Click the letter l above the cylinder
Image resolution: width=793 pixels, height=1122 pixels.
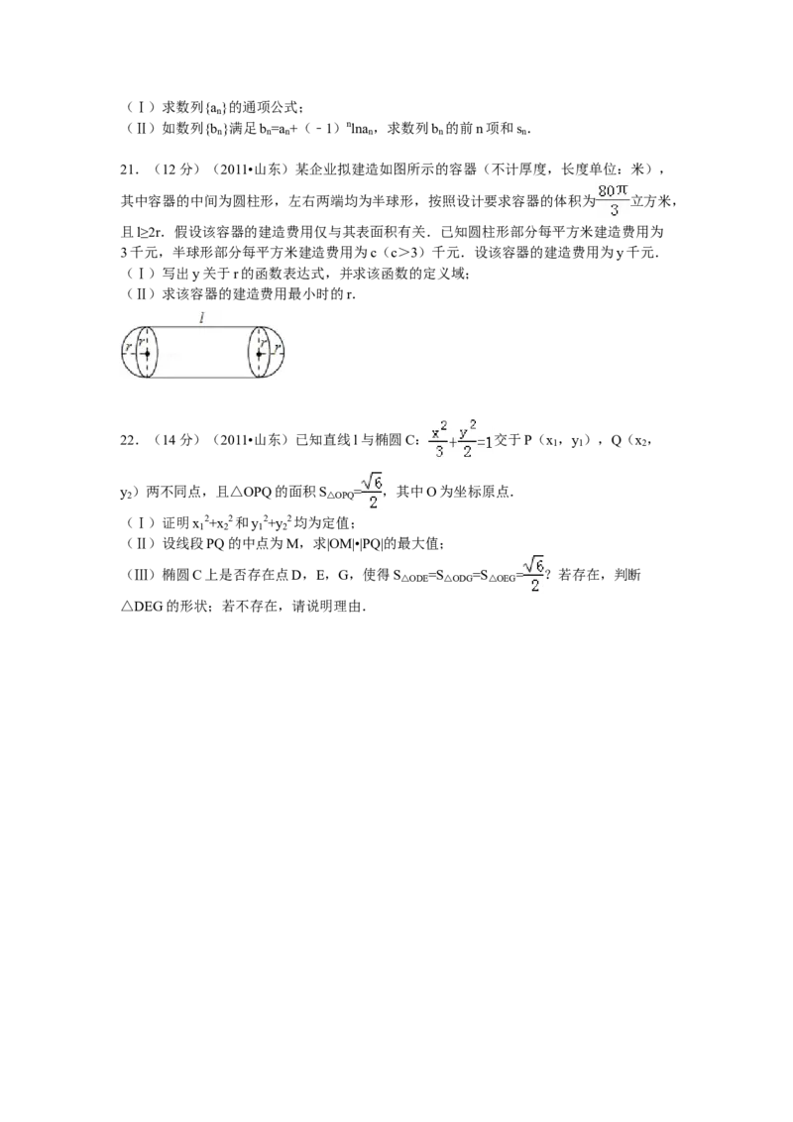[202, 318]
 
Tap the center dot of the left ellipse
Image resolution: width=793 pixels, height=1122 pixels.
[147, 353]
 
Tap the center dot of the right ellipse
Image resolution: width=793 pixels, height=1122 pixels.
[259, 353]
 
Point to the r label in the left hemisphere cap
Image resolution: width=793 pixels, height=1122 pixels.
[128, 348]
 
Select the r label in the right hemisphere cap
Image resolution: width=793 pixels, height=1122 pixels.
[277, 348]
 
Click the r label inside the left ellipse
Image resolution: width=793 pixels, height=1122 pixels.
[142, 343]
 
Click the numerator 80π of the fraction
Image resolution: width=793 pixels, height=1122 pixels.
[614, 188]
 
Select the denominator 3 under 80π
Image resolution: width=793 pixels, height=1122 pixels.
[614, 210]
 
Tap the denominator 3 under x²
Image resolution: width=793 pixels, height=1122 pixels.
[437, 453]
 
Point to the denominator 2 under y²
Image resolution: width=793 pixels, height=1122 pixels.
[465, 453]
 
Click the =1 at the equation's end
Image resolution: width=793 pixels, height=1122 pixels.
[485, 442]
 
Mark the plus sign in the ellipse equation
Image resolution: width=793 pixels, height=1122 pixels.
[452, 443]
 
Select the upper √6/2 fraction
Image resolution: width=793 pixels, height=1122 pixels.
[372, 492]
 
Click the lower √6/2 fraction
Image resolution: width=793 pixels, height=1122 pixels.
[532, 573]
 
